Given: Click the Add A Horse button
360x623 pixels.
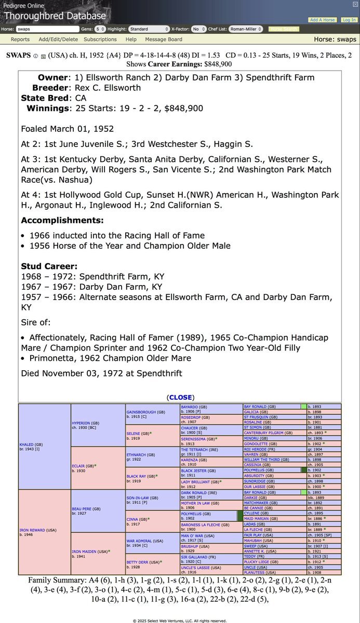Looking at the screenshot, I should pos(322,20).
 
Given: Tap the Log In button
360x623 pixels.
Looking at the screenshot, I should pos(349,20).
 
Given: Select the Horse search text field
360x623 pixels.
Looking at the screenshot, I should pos(47,29).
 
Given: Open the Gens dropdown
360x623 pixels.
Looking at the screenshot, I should pos(100,29).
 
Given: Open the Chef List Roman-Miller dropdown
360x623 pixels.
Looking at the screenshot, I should pos(246,29).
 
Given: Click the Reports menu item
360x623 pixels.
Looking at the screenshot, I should pos(20,39).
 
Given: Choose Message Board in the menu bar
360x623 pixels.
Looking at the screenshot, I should pos(164,39).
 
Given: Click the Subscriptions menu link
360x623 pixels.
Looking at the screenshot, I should pos(100,39).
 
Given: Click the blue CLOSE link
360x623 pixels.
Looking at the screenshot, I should pos(180,397).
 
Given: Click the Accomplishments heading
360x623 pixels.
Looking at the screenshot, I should pos(62,220).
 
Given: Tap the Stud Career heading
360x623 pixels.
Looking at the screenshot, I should pos(49,266).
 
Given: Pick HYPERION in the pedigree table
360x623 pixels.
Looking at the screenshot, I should pos(83,423).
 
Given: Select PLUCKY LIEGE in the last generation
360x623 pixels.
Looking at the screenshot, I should pos(259,562).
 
